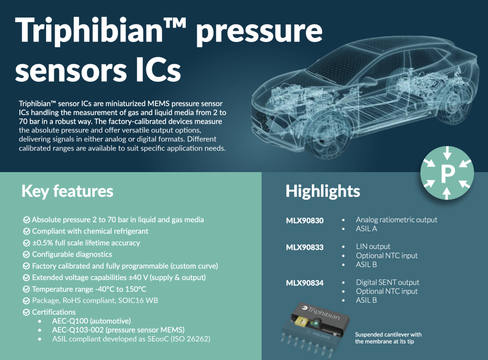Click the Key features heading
tap(67, 191)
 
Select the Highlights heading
tap(323, 191)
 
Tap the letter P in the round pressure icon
tap(447, 173)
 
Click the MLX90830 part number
tap(305, 220)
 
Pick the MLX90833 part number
tap(305, 248)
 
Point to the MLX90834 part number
tap(305, 283)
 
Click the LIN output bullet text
tap(373, 247)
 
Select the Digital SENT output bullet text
tap(388, 282)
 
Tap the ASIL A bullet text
tap(366, 229)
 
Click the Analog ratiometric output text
tap(397, 220)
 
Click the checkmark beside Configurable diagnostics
tap(27, 254)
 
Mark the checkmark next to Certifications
tap(27, 312)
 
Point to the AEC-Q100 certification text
tap(91, 321)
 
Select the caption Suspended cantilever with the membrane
tap(388, 338)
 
